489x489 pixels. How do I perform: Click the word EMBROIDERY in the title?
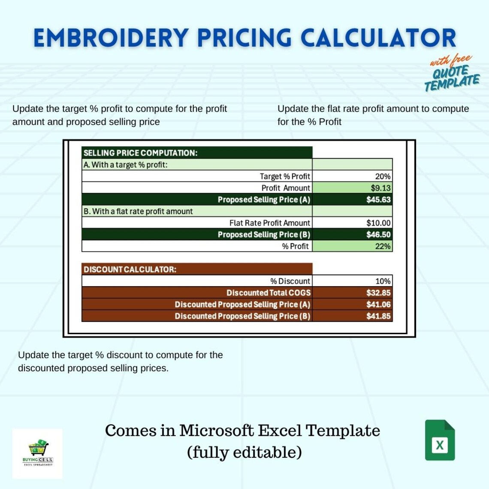tap(111, 38)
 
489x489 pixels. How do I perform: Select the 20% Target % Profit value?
tap(383, 176)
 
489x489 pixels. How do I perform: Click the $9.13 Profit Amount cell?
tap(380, 188)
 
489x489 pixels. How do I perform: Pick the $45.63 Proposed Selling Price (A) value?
tap(378, 199)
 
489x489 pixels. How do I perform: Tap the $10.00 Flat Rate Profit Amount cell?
tap(378, 223)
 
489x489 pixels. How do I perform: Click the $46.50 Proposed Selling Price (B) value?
tap(378, 235)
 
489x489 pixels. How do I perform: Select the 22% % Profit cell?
tap(383, 246)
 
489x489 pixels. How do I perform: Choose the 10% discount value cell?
tap(383, 281)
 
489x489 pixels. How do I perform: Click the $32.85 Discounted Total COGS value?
tap(378, 293)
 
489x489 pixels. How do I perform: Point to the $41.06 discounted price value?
tap(378, 305)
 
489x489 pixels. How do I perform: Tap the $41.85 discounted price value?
tap(378, 316)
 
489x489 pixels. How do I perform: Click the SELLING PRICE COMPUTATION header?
tap(140, 153)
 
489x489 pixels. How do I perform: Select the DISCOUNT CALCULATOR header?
tap(130, 270)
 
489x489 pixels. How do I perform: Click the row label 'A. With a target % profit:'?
tap(125, 165)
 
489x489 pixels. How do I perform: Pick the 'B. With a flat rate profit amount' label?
tap(138, 211)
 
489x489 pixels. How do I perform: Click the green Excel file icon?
tap(440, 441)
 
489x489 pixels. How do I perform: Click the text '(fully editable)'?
tap(244, 452)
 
